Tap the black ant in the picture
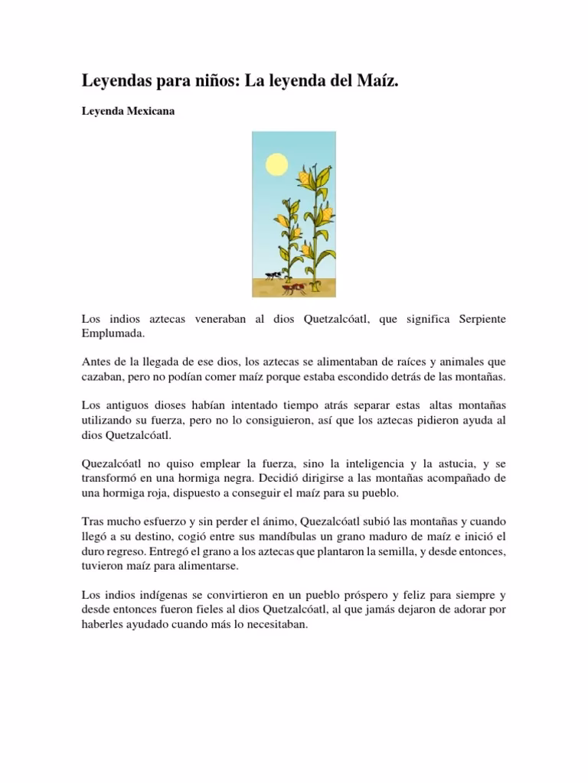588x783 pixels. coord(272,275)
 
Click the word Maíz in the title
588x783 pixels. coord(378,81)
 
